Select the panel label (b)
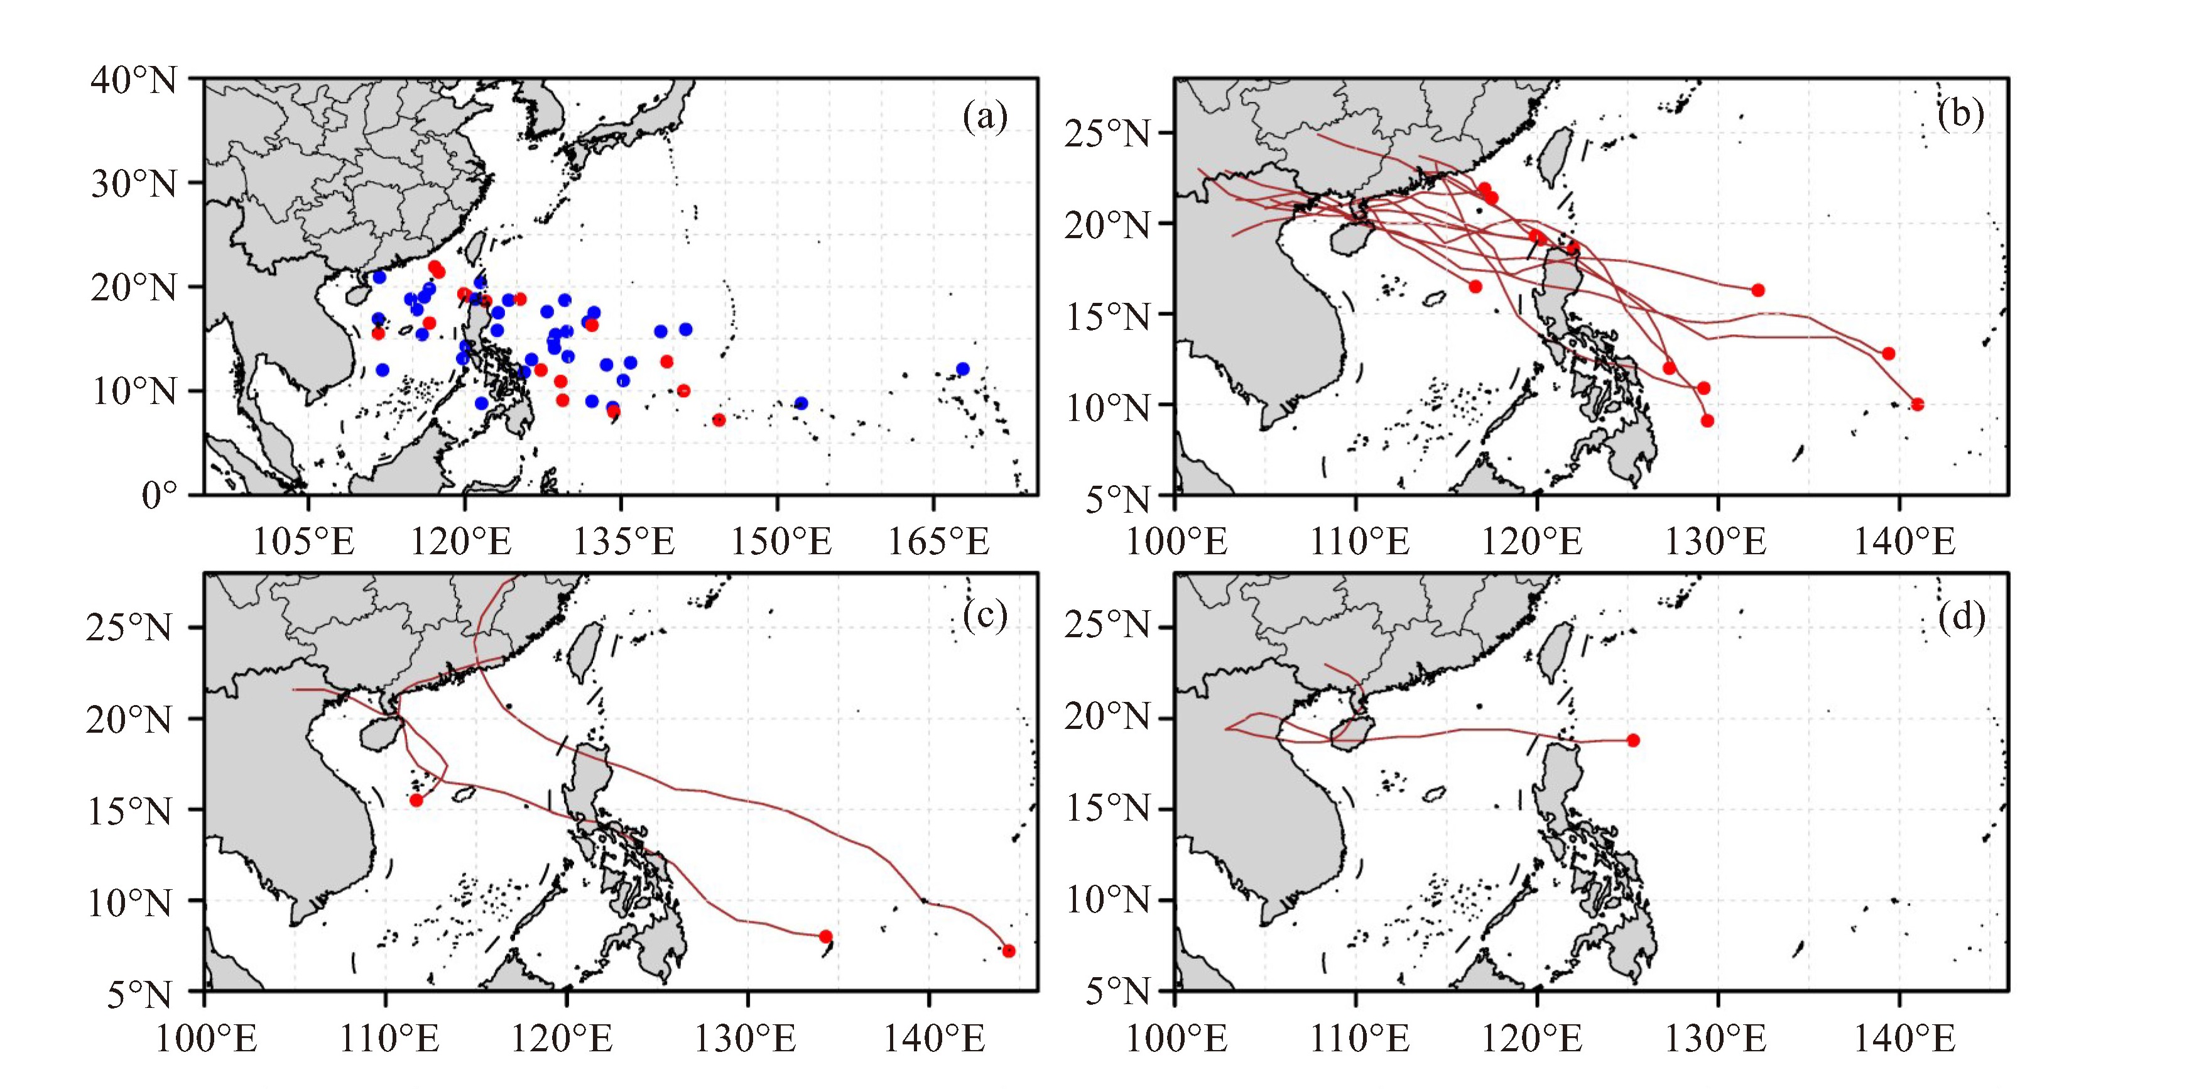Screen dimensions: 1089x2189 coord(1960,113)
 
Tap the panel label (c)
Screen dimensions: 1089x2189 coord(985,615)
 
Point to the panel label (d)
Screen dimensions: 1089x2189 coord(1960,615)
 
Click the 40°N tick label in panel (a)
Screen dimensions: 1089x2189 coord(134,81)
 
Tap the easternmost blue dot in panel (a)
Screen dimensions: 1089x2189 coord(962,369)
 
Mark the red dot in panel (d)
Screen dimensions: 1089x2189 coord(1632,740)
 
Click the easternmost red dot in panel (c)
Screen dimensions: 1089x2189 coord(1009,950)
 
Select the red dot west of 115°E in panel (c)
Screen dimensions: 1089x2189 coord(416,800)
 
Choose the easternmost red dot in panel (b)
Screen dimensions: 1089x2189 coord(1917,405)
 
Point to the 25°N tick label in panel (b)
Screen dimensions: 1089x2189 coord(1105,133)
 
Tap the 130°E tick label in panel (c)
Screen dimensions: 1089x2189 coord(745,1039)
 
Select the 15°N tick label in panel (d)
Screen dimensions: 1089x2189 coord(1105,809)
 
